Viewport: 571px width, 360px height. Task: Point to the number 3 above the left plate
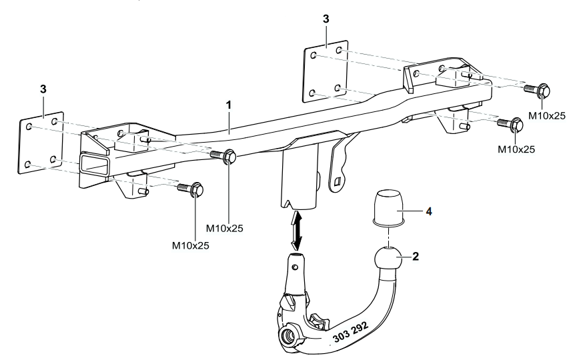(43, 89)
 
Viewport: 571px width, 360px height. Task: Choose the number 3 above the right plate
(326, 19)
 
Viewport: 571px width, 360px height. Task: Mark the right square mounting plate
(326, 73)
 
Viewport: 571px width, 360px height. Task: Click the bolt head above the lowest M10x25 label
(196, 191)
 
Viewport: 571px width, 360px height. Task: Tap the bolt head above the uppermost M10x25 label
(542, 89)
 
